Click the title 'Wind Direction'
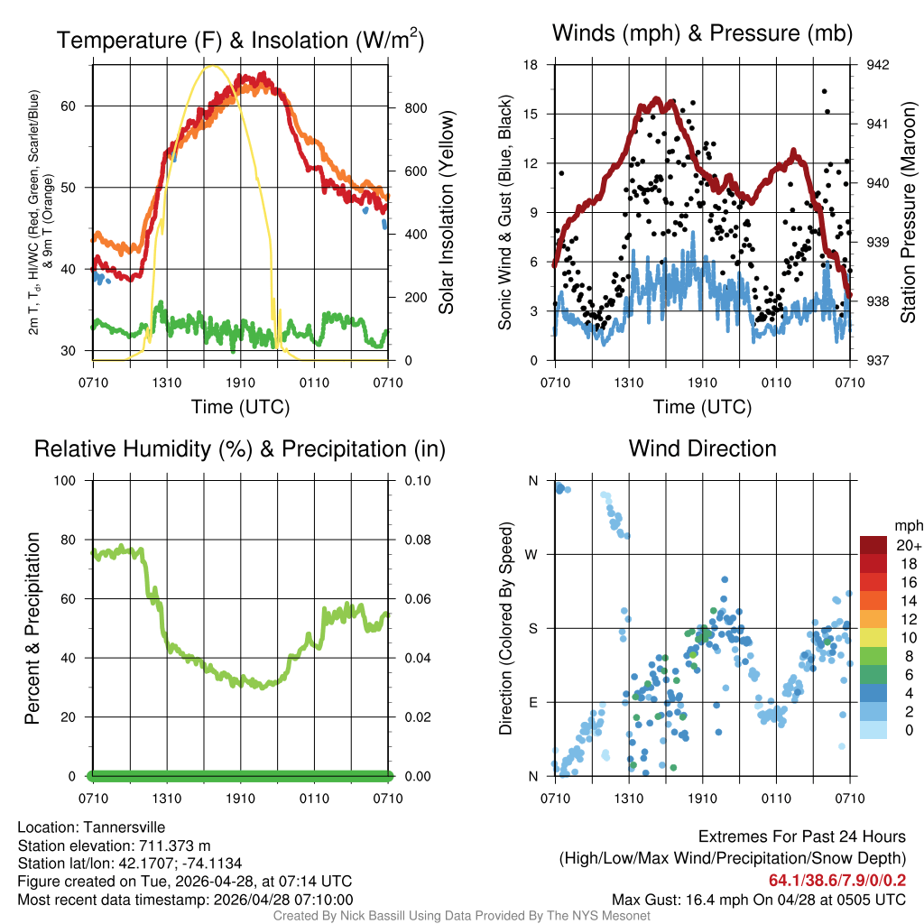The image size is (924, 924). click(702, 448)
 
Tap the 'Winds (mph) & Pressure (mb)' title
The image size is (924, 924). click(702, 34)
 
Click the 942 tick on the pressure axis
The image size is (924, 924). click(864, 65)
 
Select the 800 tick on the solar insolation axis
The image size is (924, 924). click(414, 108)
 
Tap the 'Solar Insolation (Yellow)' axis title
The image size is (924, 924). click(446, 212)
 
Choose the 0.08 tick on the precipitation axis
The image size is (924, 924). click(416, 540)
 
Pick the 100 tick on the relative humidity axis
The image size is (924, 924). click(70, 481)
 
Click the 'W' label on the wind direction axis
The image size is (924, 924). click(532, 555)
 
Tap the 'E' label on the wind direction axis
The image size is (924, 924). click(532, 702)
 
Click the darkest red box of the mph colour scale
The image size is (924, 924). click(873, 545)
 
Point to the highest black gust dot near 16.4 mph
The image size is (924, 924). click(824, 91)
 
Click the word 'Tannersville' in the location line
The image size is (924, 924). click(122, 827)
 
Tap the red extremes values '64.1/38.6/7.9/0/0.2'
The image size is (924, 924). click(836, 881)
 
